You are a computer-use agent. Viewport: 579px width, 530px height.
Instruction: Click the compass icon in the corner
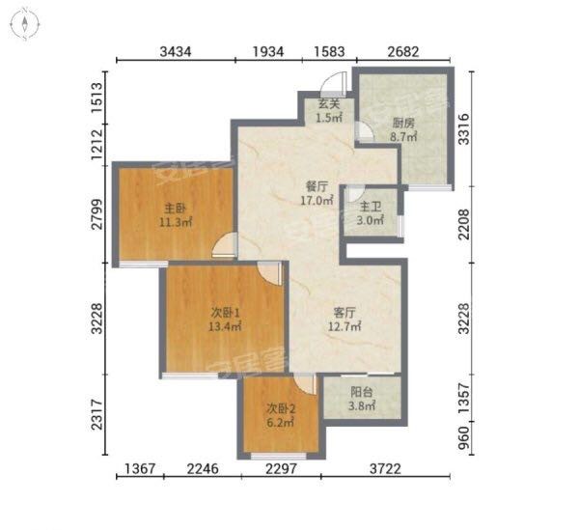pyautogui.click(x=25, y=24)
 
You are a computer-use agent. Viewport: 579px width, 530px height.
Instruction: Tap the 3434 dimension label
pyautogui.click(x=176, y=52)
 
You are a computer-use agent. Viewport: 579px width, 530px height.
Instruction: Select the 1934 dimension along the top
pyautogui.click(x=268, y=52)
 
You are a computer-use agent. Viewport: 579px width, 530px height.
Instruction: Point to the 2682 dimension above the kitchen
pyautogui.click(x=403, y=52)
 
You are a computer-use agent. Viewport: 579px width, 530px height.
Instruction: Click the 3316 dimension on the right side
pyautogui.click(x=464, y=129)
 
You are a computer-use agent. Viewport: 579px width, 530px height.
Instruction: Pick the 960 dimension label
pyautogui.click(x=464, y=438)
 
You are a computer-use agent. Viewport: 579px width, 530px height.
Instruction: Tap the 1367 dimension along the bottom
pyautogui.click(x=140, y=469)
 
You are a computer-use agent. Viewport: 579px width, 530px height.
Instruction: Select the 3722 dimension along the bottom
pyautogui.click(x=385, y=469)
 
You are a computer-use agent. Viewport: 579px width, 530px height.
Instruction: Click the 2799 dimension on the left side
pyautogui.click(x=97, y=214)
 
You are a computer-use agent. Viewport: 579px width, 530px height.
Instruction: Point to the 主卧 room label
pyautogui.click(x=175, y=209)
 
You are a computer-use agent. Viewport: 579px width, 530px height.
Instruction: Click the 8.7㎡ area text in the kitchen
pyautogui.click(x=403, y=137)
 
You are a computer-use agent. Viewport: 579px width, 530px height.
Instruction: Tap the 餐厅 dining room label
pyautogui.click(x=317, y=186)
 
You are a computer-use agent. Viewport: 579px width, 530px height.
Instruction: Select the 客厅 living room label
pyautogui.click(x=345, y=313)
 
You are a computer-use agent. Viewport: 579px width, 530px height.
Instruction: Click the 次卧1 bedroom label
pyautogui.click(x=225, y=313)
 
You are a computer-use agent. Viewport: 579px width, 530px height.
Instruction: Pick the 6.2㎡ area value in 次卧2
pyautogui.click(x=280, y=422)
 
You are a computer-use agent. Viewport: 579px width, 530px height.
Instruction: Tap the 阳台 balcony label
pyautogui.click(x=362, y=392)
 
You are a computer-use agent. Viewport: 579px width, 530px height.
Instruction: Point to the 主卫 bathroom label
pyautogui.click(x=371, y=206)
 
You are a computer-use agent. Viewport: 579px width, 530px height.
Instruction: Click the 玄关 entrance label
pyautogui.click(x=329, y=104)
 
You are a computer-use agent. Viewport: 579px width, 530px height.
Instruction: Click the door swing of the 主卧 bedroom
pyautogui.click(x=225, y=244)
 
